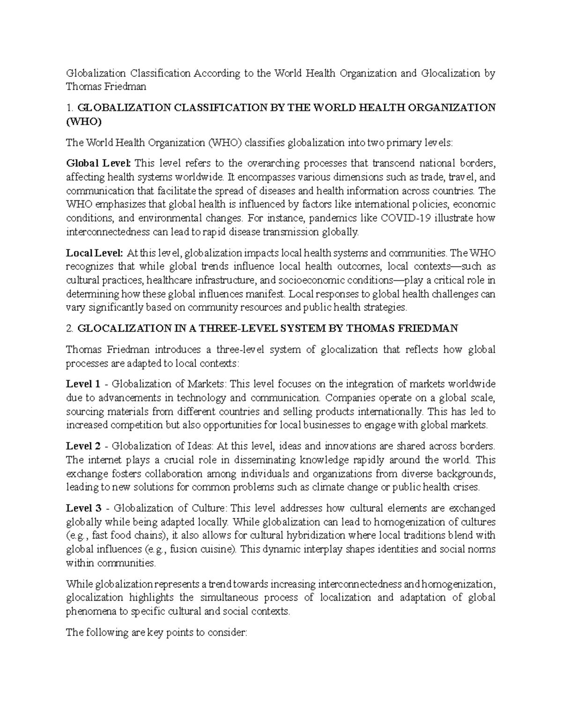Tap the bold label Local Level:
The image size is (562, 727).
(x=95, y=253)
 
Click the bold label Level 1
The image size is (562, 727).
(x=83, y=384)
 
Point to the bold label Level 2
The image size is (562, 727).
(x=83, y=446)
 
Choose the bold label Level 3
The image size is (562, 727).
(x=83, y=508)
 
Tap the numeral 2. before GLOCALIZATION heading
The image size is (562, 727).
(x=70, y=328)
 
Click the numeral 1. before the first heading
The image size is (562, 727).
(x=70, y=108)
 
